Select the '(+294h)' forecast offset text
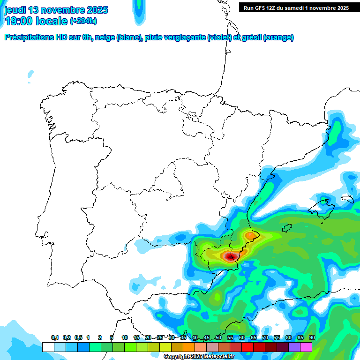(x=83, y=21)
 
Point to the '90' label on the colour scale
(x=312, y=337)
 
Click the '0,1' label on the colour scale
(x=55, y=337)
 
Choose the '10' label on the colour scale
(x=125, y=337)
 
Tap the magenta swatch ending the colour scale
(x=306, y=347)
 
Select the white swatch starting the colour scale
(x=48, y=347)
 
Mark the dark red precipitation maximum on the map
(x=230, y=256)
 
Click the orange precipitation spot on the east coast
(x=251, y=235)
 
